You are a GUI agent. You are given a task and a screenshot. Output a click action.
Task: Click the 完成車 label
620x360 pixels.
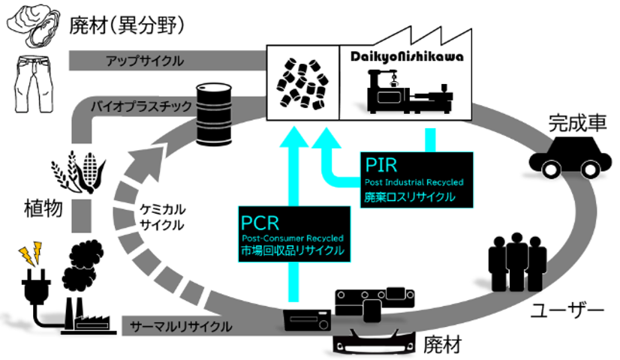tap(574, 121)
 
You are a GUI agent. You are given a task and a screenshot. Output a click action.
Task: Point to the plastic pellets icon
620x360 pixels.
tap(304, 81)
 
